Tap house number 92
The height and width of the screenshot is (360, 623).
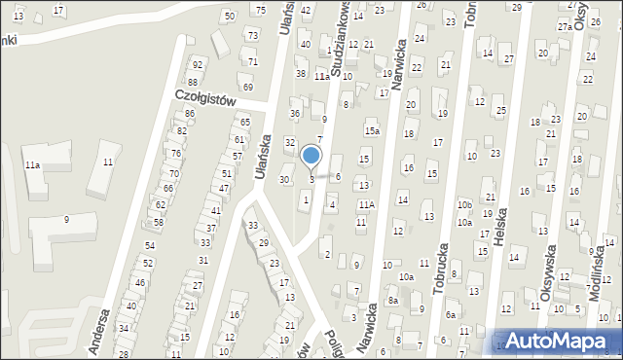(197, 64)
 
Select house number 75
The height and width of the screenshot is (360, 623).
(260, 10)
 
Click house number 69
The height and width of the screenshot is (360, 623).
(248, 88)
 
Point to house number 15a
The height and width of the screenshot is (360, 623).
(371, 130)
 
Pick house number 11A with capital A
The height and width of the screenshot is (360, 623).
(366, 204)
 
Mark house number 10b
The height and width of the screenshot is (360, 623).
(464, 205)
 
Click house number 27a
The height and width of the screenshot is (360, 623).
(565, 27)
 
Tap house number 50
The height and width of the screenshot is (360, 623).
(229, 17)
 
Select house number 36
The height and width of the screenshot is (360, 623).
(294, 114)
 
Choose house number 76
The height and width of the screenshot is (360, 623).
(175, 154)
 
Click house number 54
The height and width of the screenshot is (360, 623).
(149, 245)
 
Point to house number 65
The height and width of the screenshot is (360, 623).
(244, 122)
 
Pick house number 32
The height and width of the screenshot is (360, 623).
(289, 143)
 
